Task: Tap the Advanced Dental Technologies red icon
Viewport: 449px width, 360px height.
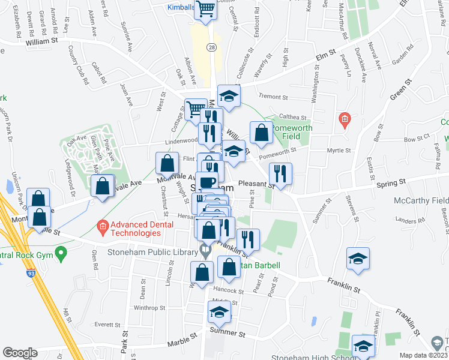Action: click(102, 227)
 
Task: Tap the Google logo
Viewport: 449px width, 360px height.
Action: click(20, 353)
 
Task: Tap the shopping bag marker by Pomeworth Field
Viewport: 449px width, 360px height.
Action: click(262, 133)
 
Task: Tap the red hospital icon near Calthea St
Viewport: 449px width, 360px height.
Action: click(344, 120)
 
